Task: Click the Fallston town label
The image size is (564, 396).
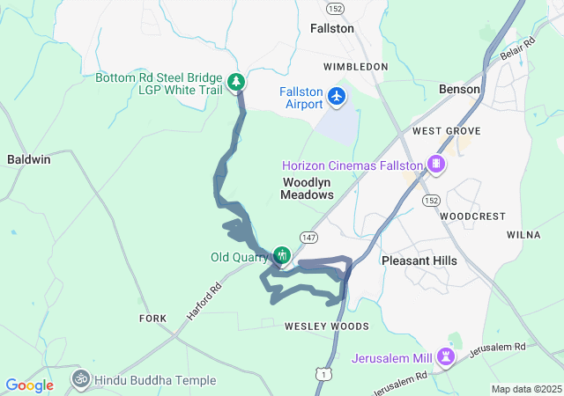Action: (x=332, y=28)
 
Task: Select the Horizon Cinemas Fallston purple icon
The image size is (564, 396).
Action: (x=434, y=164)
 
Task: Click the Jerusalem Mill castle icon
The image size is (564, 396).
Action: (x=449, y=357)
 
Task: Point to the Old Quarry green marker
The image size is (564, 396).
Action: (x=282, y=256)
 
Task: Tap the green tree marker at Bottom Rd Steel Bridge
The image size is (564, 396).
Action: (x=236, y=82)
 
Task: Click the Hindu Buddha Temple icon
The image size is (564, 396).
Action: (x=81, y=379)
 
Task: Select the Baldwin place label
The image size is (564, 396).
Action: (x=29, y=160)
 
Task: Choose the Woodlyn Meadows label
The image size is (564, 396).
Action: (x=308, y=188)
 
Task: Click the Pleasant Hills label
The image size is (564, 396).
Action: (x=419, y=261)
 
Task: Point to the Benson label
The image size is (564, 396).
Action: (x=459, y=90)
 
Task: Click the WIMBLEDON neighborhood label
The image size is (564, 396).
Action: (x=355, y=67)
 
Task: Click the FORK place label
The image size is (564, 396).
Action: (x=152, y=318)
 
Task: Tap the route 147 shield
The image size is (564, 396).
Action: (x=308, y=238)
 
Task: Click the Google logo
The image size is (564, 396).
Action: (x=30, y=385)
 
